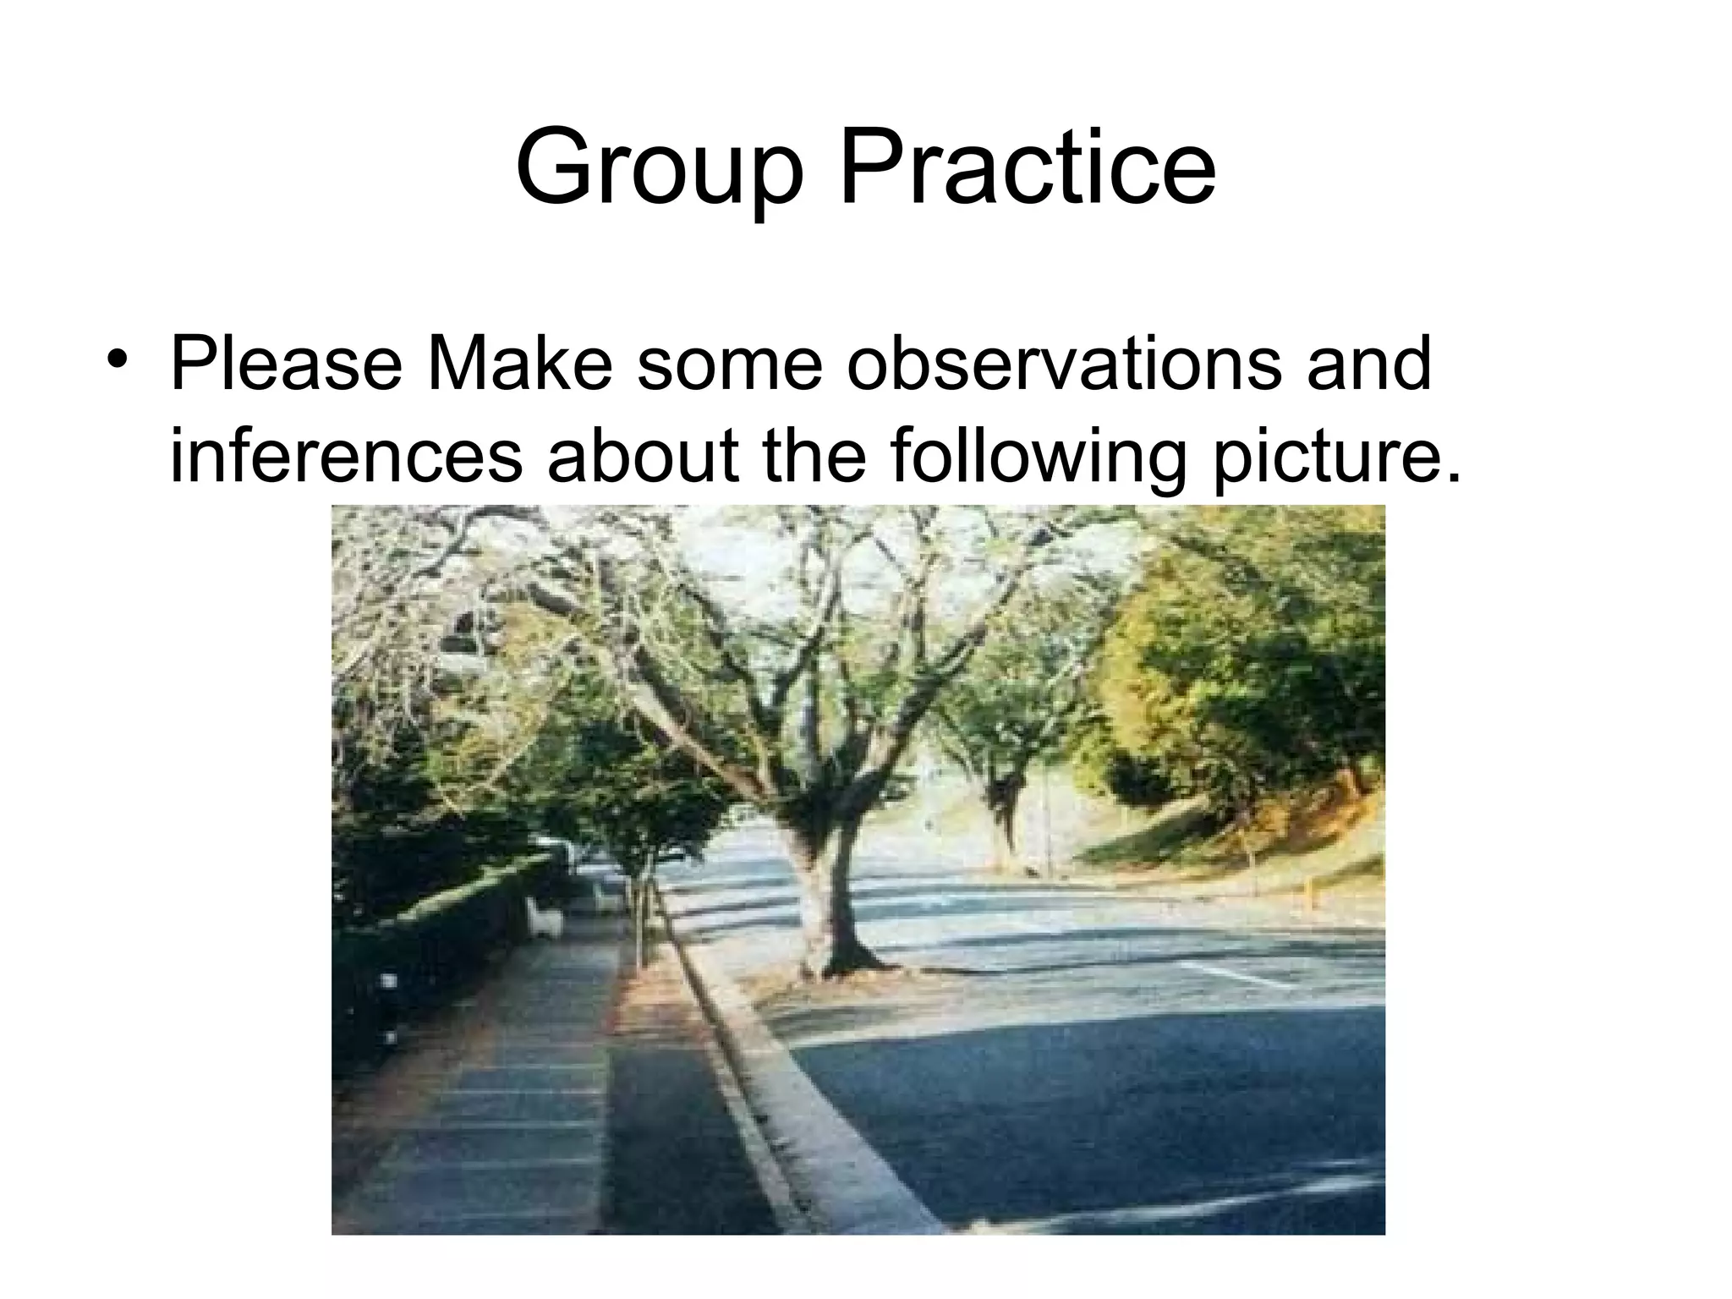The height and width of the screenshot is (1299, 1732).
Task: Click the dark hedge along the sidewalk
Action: coord(440,930)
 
